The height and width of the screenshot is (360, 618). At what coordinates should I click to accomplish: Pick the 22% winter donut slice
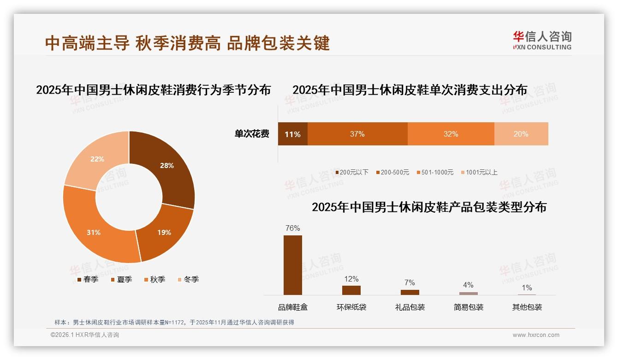[x=98, y=159]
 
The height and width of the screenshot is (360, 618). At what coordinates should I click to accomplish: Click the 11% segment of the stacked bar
[x=292, y=134]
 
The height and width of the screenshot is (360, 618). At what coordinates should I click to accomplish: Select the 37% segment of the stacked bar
[x=357, y=134]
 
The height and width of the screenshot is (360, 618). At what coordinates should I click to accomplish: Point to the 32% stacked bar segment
[x=451, y=134]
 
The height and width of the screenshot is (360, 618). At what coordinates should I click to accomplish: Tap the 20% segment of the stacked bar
[x=521, y=134]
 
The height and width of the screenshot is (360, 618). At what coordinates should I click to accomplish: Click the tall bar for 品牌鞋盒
[x=292, y=265]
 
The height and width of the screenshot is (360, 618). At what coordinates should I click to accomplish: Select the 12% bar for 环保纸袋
[x=351, y=290]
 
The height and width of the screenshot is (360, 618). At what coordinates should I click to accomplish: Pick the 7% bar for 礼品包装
[x=410, y=292]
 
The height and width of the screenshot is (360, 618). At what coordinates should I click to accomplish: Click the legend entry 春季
[x=88, y=279]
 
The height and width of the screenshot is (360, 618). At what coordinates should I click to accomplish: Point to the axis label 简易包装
[x=468, y=307]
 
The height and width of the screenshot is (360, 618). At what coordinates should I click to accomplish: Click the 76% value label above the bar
[x=292, y=228]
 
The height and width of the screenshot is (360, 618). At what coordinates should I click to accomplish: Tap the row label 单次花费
[x=252, y=134]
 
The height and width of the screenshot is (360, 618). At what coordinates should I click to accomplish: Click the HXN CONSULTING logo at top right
[x=542, y=41]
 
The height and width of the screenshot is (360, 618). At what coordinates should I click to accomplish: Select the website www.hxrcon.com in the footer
[x=536, y=335]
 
